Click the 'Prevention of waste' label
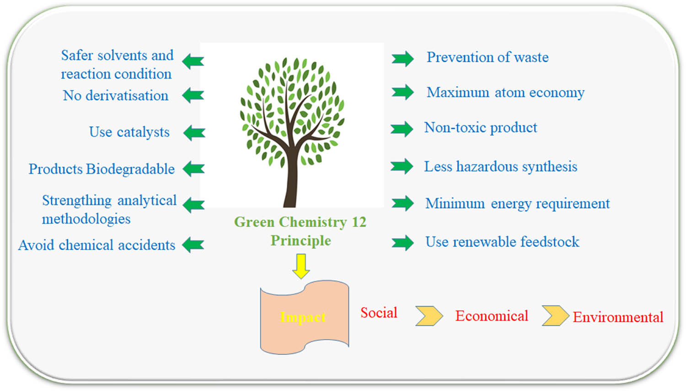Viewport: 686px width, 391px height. [488, 57]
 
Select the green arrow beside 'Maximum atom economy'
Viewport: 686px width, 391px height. [403, 92]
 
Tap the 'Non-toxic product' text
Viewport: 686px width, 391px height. [481, 128]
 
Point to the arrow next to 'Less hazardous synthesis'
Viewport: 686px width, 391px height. [402, 166]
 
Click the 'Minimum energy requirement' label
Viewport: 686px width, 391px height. [518, 204]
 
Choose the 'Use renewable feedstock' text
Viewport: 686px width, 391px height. [502, 242]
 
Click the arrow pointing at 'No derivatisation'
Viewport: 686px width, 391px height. [193, 95]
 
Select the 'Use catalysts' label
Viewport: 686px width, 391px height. [129, 132]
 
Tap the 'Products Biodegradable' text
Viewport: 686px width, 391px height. [102, 169]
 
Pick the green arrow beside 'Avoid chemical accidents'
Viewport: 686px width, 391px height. [193, 245]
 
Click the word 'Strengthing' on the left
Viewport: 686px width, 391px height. [77, 201]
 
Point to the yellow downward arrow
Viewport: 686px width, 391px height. [301, 266]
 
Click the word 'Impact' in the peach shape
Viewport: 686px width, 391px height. [303, 317]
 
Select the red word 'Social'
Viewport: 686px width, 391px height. [379, 313]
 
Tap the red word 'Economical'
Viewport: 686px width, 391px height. [492, 316]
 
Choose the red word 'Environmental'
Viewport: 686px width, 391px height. [618, 317]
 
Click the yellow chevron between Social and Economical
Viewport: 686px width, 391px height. [429, 316]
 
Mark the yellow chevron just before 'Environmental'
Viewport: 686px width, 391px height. [556, 316]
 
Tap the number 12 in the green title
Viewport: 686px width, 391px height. [359, 222]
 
